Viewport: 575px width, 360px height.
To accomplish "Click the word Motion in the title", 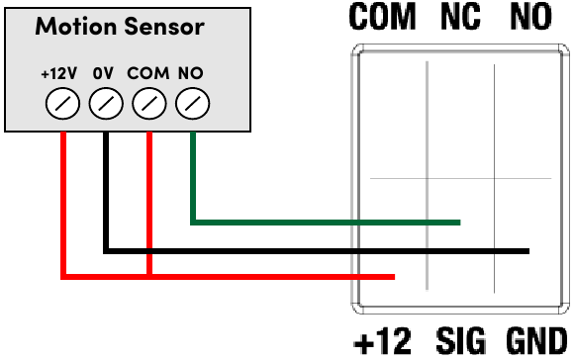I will (x=70, y=27).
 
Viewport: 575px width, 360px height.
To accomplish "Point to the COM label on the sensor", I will (x=148, y=74).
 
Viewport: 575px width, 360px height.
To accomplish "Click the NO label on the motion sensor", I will (x=190, y=74).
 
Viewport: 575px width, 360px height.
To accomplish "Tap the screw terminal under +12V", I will (x=62, y=102).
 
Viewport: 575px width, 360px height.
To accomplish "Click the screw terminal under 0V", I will (x=106, y=102).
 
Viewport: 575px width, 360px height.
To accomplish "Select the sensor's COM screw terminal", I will (x=149, y=102).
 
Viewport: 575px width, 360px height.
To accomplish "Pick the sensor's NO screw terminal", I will (x=193, y=102).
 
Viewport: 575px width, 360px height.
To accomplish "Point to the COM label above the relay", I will (x=382, y=17).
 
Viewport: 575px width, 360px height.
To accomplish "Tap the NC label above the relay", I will (x=460, y=17).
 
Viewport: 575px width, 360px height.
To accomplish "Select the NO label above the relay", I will (x=535, y=17).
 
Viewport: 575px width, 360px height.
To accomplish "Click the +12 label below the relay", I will (x=382, y=341).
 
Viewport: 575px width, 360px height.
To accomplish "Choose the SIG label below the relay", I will (x=461, y=341).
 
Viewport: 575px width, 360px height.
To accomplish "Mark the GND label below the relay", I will (x=536, y=341).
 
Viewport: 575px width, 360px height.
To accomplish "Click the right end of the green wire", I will (x=458, y=222).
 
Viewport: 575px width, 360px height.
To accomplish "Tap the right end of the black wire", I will (x=527, y=251).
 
